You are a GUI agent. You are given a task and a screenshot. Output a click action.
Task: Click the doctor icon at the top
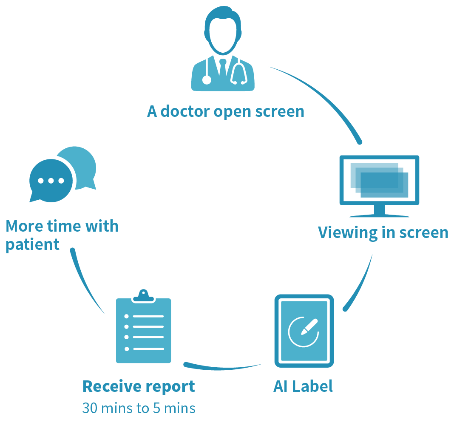223,51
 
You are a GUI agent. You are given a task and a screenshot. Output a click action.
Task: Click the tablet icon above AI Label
304,331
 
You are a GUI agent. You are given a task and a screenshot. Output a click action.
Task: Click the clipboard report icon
144,329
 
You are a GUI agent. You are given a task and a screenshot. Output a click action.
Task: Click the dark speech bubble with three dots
50,181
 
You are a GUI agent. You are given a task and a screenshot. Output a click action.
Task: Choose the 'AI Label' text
303,386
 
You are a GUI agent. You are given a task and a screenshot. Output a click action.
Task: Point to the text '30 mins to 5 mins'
139,408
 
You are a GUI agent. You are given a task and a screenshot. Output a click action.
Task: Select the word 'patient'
32,245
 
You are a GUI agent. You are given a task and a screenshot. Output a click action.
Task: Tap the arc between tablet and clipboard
221,367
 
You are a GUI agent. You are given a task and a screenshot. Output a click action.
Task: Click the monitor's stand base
379,214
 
